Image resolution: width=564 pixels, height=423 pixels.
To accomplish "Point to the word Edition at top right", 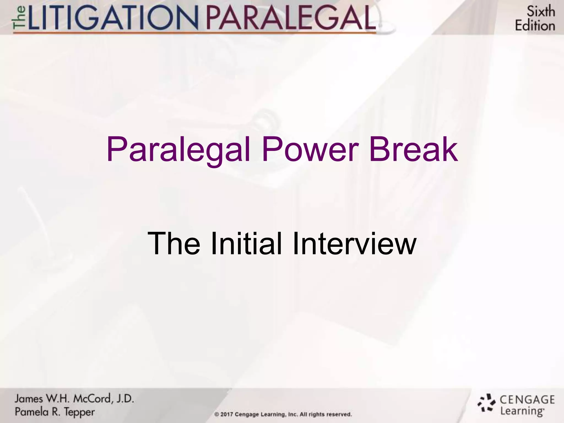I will pos(535,26).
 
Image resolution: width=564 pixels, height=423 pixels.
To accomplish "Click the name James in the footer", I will pos(28,398).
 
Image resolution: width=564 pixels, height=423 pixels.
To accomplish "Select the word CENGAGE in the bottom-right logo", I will pos(527,400).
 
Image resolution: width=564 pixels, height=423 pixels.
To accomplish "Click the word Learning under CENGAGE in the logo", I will pos(522,411).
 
